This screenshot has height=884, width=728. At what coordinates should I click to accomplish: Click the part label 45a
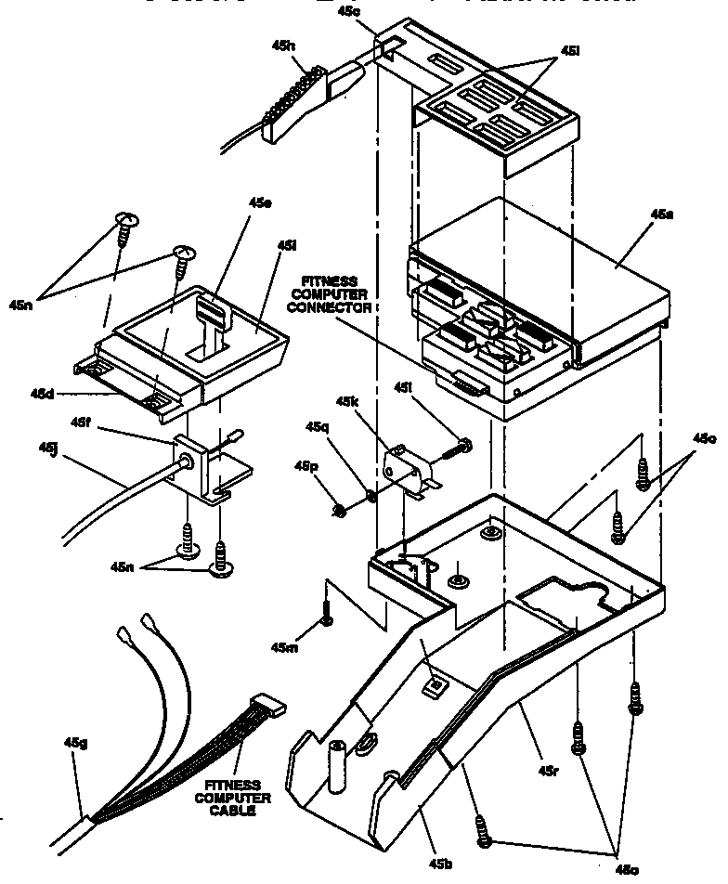pos(661,214)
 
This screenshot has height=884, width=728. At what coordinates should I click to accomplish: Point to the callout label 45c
pos(377,11)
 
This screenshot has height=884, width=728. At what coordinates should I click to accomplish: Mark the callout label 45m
pos(285,646)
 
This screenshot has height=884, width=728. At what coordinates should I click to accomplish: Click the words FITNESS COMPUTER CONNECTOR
pos(337,292)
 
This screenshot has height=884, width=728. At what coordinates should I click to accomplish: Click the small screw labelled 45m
pos(327,613)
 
